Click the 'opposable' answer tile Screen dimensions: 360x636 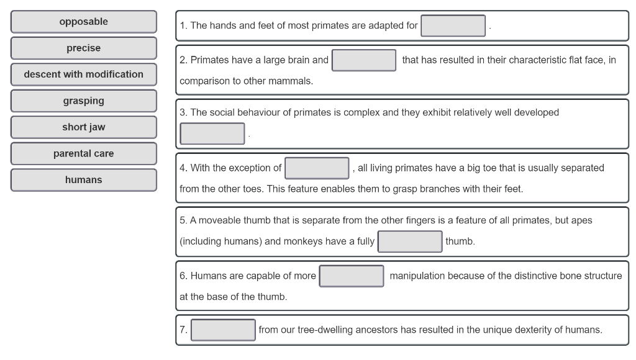coord(83,22)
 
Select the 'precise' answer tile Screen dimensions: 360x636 coord(83,48)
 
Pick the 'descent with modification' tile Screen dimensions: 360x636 coord(83,74)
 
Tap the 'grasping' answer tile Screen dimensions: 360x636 coord(83,101)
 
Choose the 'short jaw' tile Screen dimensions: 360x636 coord(83,127)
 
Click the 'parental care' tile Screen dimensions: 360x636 coord(83,154)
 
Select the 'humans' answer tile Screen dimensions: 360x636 coord(83,180)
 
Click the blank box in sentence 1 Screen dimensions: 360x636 coord(453,26)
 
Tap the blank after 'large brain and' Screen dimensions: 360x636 coord(364,60)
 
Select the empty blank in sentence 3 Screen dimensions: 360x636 coord(212,133)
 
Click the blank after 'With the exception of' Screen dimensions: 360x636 coord(317,168)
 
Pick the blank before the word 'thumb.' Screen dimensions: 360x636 coord(410,241)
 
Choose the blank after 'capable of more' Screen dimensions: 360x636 coord(352,276)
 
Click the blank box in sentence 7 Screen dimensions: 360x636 coord(223,330)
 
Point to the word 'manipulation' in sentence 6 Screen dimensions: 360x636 coord(417,276)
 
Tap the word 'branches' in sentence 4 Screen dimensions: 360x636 coord(420,189)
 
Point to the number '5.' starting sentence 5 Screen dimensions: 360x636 coord(184,220)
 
